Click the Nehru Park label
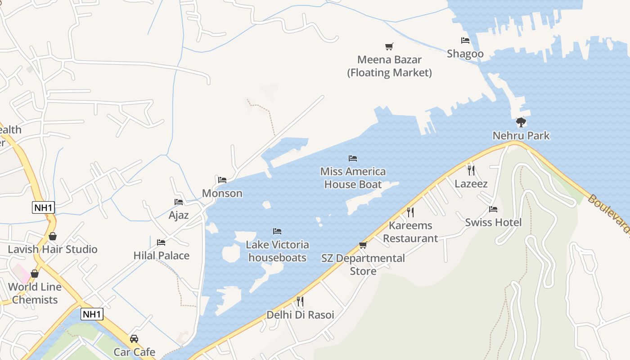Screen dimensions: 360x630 [521, 135]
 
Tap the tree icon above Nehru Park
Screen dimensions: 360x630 [521, 122]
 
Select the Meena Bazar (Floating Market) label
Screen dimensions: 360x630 [389, 66]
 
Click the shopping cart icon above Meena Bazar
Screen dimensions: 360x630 [389, 46]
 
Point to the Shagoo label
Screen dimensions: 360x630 [465, 54]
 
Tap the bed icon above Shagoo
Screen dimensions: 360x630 [465, 40]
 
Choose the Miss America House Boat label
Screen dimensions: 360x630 [353, 178]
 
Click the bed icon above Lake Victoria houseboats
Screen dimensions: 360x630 [277, 231]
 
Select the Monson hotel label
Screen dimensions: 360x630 [222, 193]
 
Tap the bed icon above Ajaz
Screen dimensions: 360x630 [179, 202]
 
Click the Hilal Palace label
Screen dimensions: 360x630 [162, 256]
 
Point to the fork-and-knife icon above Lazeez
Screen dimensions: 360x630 [471, 170]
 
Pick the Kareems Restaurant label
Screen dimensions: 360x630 [410, 232]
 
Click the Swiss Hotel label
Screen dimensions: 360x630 [493, 222]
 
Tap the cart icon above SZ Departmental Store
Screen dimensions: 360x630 [363, 245]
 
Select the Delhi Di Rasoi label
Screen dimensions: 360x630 [301, 315]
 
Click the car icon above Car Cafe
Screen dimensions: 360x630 [134, 338]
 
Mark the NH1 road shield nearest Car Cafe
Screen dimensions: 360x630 [92, 314]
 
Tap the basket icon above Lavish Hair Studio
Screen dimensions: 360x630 [53, 236]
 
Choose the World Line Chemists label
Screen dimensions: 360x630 [35, 293]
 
